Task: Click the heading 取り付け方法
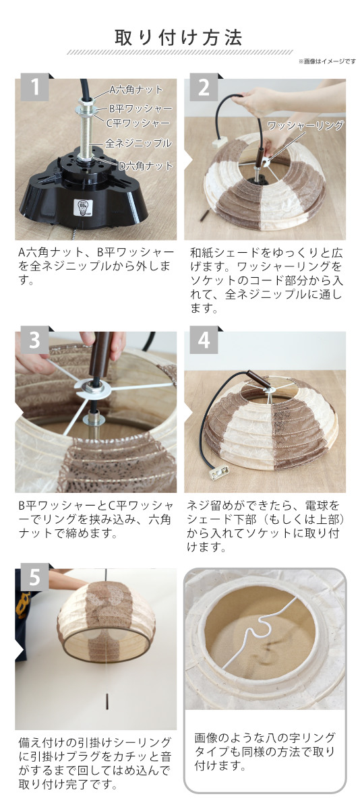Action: click(x=179, y=38)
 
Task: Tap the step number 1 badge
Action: click(x=34, y=87)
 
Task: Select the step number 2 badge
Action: click(x=204, y=87)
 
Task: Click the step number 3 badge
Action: click(x=34, y=340)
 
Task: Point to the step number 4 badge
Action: click(x=204, y=340)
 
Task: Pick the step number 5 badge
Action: click(x=34, y=577)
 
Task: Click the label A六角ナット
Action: click(x=136, y=90)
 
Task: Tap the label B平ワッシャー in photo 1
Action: click(x=140, y=109)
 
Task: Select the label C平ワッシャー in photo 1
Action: click(x=138, y=123)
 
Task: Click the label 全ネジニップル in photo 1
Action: click(x=138, y=143)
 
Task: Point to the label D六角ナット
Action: click(x=146, y=166)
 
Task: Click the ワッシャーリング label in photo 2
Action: click(x=305, y=125)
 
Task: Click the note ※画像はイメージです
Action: click(x=327, y=61)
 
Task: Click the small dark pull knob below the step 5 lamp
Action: click(x=108, y=701)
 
